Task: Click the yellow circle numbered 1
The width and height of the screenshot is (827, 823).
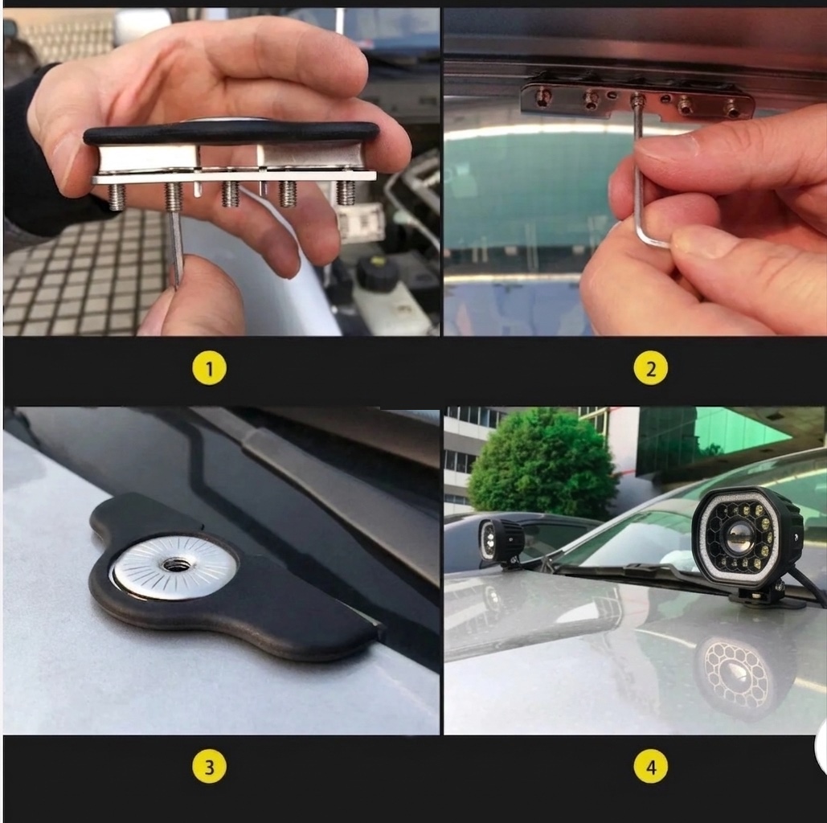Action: coord(210,368)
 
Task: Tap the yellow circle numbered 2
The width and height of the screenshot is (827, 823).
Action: coord(650,368)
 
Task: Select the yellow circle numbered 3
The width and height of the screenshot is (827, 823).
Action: coord(210,766)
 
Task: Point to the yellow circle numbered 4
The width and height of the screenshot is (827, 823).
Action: coord(650,766)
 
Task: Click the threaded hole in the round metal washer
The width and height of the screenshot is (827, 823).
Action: coord(173,565)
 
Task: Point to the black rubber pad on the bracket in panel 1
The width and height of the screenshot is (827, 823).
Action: coord(231,133)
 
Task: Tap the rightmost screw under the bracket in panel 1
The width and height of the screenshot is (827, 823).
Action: coord(345,193)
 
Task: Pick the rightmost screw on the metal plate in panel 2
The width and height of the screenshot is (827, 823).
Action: coord(732,109)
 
